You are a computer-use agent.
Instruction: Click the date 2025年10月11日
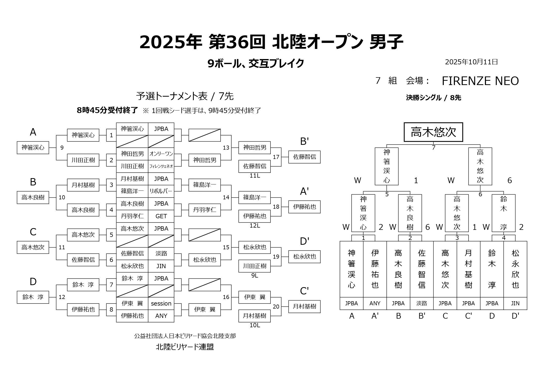471,62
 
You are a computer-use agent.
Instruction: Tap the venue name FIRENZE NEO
480,81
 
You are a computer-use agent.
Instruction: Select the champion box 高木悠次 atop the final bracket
433,132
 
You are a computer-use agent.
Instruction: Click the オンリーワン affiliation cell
161,154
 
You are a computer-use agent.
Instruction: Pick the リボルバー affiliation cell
161,191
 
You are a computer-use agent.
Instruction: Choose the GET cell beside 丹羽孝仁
161,216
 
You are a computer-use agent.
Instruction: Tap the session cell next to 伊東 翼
161,304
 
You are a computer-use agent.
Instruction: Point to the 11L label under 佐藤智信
255,176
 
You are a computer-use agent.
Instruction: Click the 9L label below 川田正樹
255,276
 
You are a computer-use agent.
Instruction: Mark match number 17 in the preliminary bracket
276,157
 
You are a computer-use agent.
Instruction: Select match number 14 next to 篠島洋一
226,198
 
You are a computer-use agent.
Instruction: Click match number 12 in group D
62,297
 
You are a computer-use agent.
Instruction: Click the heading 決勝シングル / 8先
433,98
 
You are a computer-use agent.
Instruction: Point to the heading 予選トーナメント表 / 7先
185,96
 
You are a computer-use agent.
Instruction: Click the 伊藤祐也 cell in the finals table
375,269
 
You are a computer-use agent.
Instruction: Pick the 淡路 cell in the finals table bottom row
422,304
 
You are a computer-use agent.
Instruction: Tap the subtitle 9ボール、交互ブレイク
256,64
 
